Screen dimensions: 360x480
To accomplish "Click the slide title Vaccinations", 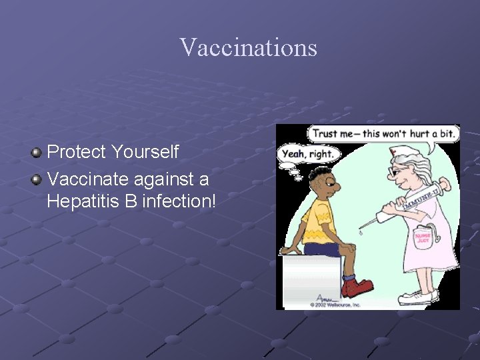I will tap(248, 47).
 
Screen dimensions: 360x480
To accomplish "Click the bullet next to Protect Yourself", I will tap(37, 152).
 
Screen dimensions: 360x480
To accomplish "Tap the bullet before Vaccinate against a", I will tap(37, 179).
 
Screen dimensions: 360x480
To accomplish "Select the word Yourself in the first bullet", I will tap(145, 152).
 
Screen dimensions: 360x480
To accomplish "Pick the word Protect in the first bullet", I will tap(77, 152).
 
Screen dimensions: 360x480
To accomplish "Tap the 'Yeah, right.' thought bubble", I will tap(309, 154).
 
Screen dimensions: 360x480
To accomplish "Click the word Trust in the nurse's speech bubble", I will tap(325, 133).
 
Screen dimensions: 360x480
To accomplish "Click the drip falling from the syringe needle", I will tap(361, 233).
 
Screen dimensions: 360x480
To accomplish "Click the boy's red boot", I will tap(357, 287).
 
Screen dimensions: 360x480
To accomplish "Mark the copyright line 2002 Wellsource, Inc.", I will tap(335, 305).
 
